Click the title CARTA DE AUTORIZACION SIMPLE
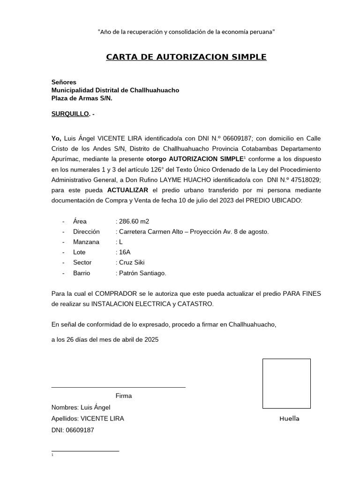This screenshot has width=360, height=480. click(186, 57)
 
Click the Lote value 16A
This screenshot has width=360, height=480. click(125, 252)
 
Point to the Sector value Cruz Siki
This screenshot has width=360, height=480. click(132, 262)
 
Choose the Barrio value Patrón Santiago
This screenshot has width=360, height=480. click(142, 273)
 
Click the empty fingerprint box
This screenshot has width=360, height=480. click(286, 383)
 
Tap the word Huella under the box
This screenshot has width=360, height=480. click(289, 419)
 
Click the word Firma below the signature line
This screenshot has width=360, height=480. click(124, 396)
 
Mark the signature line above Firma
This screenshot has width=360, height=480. click(118, 388)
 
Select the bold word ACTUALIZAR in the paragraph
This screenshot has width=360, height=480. click(127, 190)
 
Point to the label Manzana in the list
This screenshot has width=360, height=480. click(86, 242)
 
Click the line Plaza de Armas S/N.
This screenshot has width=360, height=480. click(82, 98)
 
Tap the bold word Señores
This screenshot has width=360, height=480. click(64, 82)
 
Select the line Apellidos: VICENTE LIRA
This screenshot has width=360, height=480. click(88, 419)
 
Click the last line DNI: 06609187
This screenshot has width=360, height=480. click(73, 429)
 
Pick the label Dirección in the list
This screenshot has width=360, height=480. click(86, 232)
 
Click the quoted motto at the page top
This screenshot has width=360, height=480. click(186, 32)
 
